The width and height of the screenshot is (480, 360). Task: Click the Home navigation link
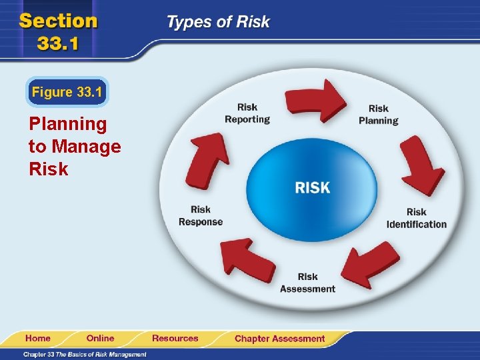tap(37, 338)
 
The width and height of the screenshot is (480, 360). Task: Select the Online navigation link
tap(100, 338)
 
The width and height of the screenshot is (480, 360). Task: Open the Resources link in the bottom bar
tap(175, 338)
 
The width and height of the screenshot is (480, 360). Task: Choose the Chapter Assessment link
tap(279, 339)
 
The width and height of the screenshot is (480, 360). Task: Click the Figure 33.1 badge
tap(67, 92)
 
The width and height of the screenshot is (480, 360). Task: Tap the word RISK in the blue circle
tap(312, 187)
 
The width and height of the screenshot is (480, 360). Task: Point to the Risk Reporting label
tap(247, 113)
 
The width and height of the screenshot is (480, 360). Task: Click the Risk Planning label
tap(378, 115)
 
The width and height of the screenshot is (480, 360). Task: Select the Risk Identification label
tap(416, 218)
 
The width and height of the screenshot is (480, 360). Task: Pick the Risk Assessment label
tap(307, 283)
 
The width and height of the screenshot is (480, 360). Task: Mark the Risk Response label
tap(201, 215)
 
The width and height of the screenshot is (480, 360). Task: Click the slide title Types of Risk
tap(217, 22)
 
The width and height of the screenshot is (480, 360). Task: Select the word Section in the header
tap(58, 20)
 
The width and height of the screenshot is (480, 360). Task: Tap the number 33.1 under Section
tap(58, 44)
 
